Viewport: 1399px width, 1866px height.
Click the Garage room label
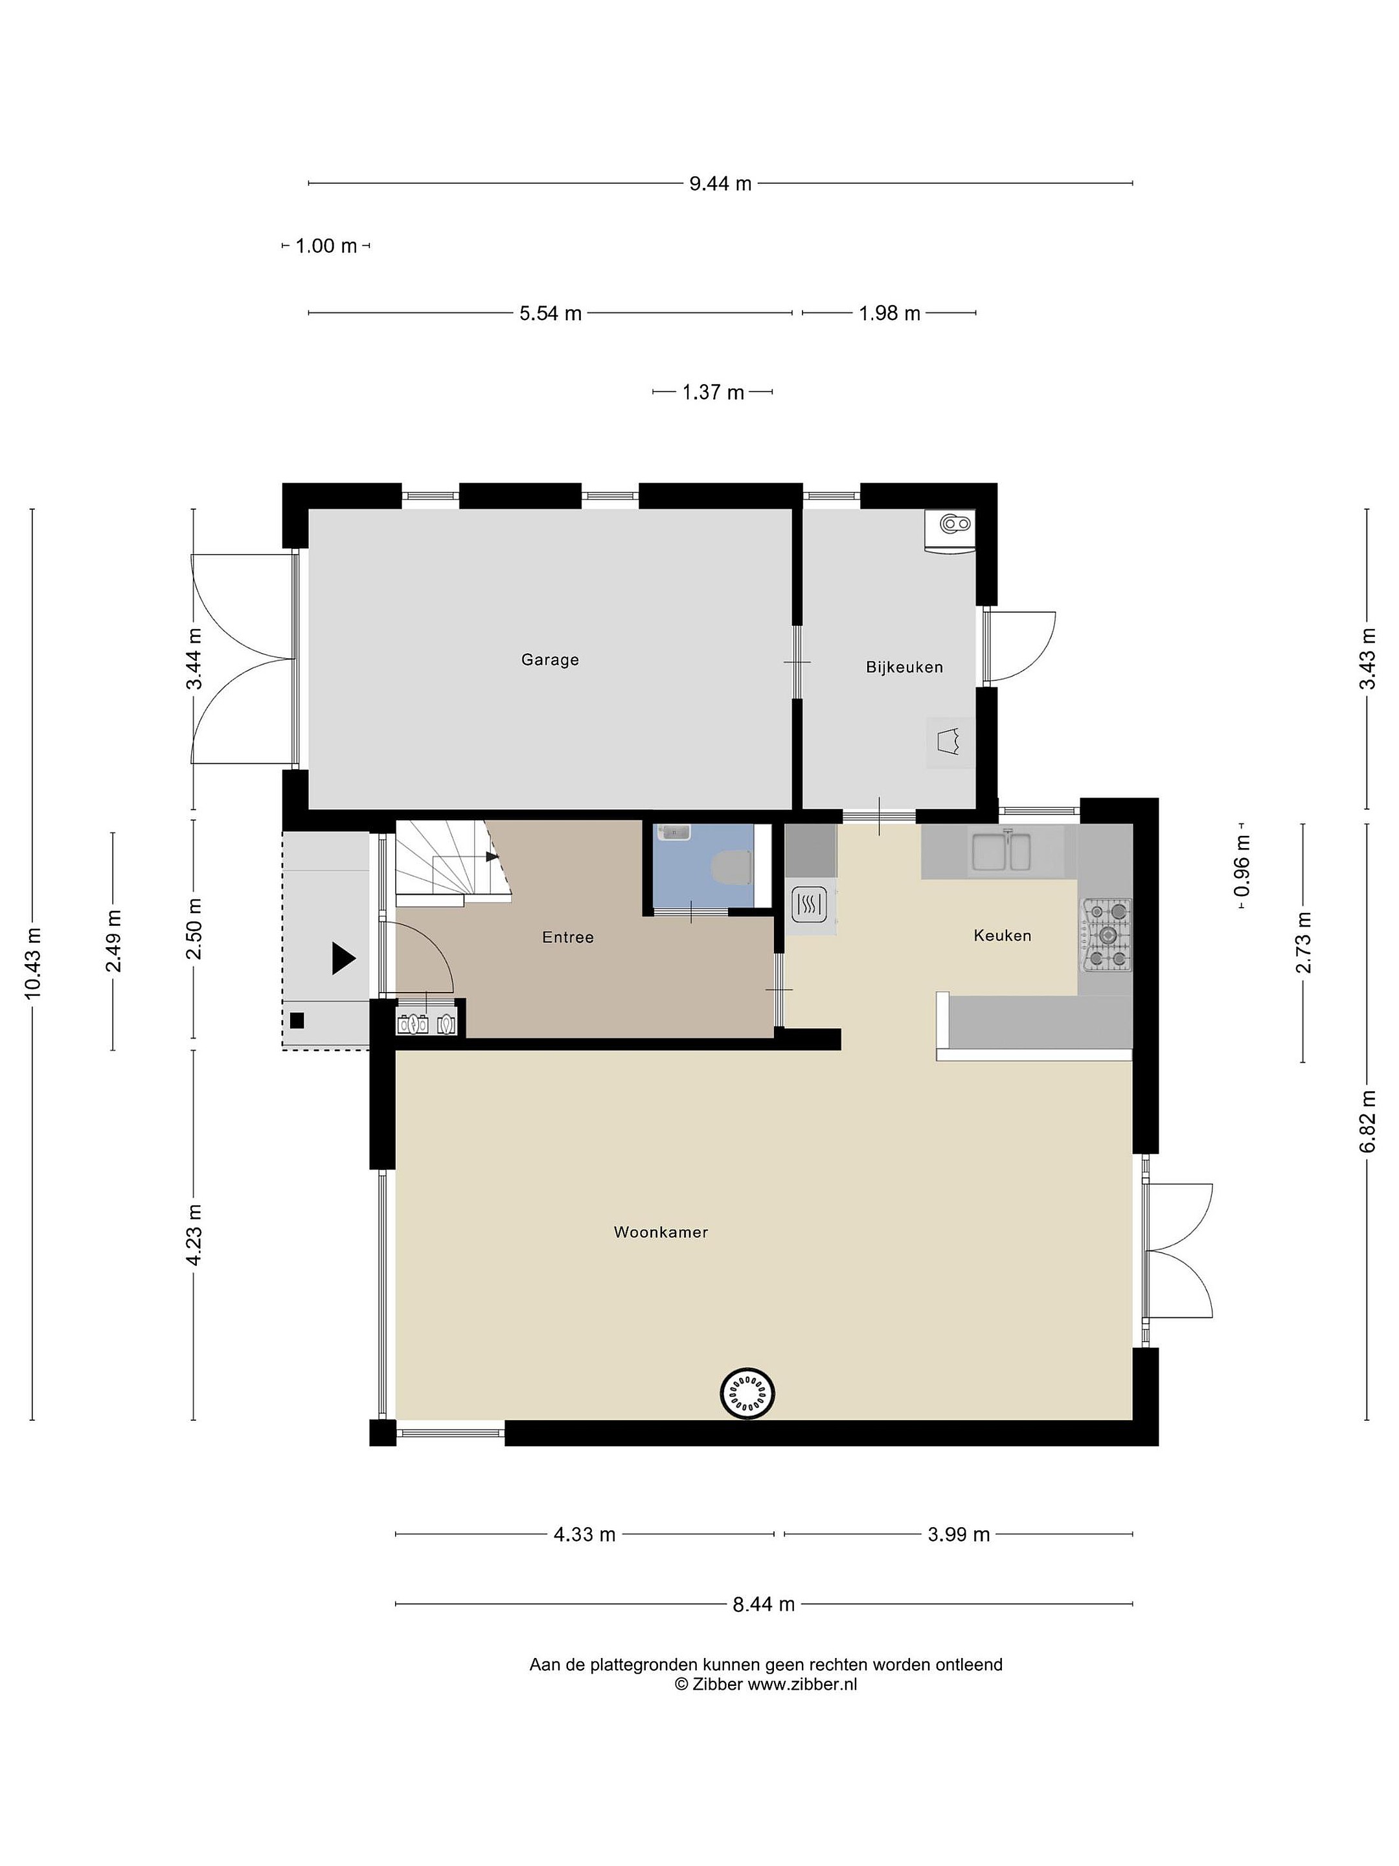coord(550,660)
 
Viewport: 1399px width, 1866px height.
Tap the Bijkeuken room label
coord(904,667)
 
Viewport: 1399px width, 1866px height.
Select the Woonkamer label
coord(660,1232)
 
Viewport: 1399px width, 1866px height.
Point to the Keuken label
coord(1002,936)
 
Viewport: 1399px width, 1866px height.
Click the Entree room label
coord(567,938)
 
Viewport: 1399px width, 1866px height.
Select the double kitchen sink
coord(1001,852)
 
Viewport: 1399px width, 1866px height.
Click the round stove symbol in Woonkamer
coord(747,1392)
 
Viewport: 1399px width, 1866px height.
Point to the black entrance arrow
coord(343,958)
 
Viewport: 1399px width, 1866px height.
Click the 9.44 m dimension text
coord(720,183)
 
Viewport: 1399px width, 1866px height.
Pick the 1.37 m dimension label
coord(712,392)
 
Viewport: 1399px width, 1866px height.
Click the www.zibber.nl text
coord(802,1685)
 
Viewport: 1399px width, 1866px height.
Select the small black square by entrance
coord(296,1020)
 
